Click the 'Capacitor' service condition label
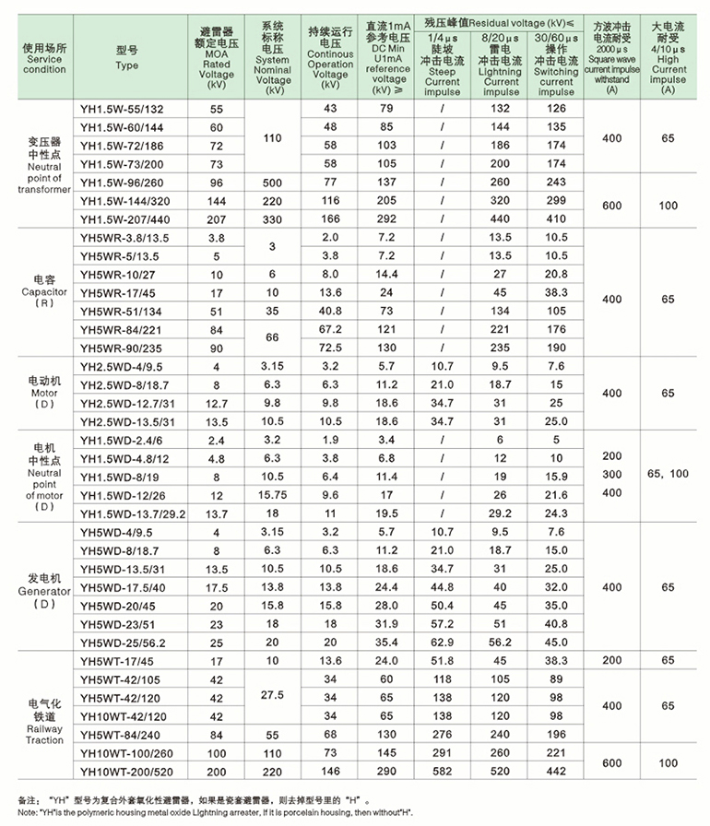[44, 291]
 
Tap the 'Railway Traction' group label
[44, 734]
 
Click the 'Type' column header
[127, 65]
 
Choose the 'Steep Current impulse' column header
[442, 74]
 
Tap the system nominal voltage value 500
[272, 182]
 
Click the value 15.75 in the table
[272, 494]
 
